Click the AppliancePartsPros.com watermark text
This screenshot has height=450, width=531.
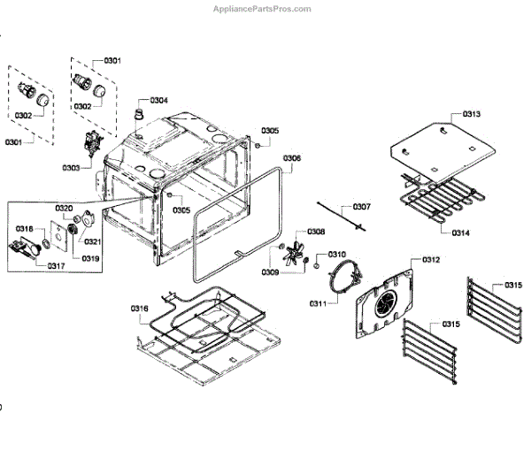click(x=263, y=9)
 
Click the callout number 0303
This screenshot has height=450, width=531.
click(x=72, y=167)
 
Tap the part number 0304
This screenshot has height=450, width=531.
click(x=159, y=100)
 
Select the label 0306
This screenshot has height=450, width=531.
click(x=292, y=158)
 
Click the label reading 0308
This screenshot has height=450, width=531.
click(x=316, y=232)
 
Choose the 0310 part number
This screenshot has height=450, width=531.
click(x=337, y=255)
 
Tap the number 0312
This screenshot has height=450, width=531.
click(x=431, y=259)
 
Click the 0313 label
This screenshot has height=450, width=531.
click(x=472, y=115)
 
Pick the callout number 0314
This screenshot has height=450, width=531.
click(x=460, y=233)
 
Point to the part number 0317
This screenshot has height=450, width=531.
click(x=56, y=265)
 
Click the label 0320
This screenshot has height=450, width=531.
click(x=64, y=208)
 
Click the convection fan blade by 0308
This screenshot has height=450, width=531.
click(x=289, y=249)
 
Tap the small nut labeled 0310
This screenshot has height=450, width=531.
click(x=316, y=261)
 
